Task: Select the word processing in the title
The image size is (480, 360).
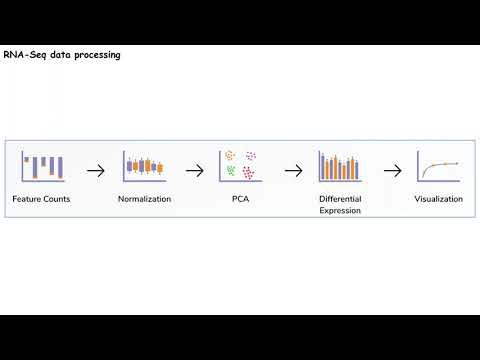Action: point(96,55)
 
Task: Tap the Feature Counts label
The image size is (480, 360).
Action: point(41,199)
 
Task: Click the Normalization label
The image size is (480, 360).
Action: point(144,199)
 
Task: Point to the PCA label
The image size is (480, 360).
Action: point(241,199)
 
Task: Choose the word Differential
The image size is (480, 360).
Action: point(340,199)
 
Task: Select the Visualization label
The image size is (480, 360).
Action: point(438,199)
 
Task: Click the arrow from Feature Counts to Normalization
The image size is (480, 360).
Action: point(95,170)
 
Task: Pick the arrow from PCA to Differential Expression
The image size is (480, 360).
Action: point(292,170)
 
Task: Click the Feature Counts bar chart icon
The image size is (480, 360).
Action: point(43,166)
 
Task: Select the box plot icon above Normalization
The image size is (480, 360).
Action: point(144,166)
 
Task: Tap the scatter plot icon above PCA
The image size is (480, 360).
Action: point(239,166)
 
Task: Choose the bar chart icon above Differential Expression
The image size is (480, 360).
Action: point(339,166)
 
